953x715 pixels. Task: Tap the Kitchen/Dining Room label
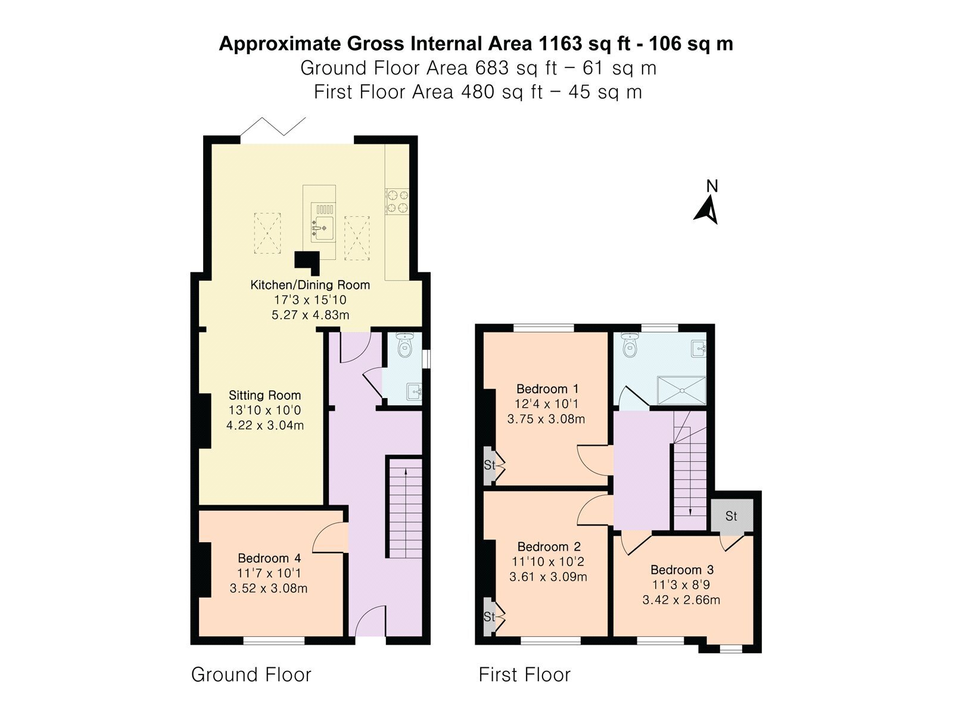(x=310, y=285)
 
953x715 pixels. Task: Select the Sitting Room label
(x=265, y=396)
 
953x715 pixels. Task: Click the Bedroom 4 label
(x=269, y=558)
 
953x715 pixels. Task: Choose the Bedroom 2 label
(x=549, y=546)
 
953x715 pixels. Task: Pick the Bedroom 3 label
(x=682, y=570)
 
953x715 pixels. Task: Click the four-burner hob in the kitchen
(x=397, y=201)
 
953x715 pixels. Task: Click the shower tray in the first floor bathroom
(x=681, y=391)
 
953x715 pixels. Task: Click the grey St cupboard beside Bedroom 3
(x=731, y=515)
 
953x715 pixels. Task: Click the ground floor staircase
(x=404, y=507)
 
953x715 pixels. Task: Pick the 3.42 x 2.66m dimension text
(x=681, y=600)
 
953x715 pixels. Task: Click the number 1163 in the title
(x=560, y=44)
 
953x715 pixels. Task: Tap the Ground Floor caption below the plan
(x=251, y=674)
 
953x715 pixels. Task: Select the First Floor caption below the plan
(x=525, y=674)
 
